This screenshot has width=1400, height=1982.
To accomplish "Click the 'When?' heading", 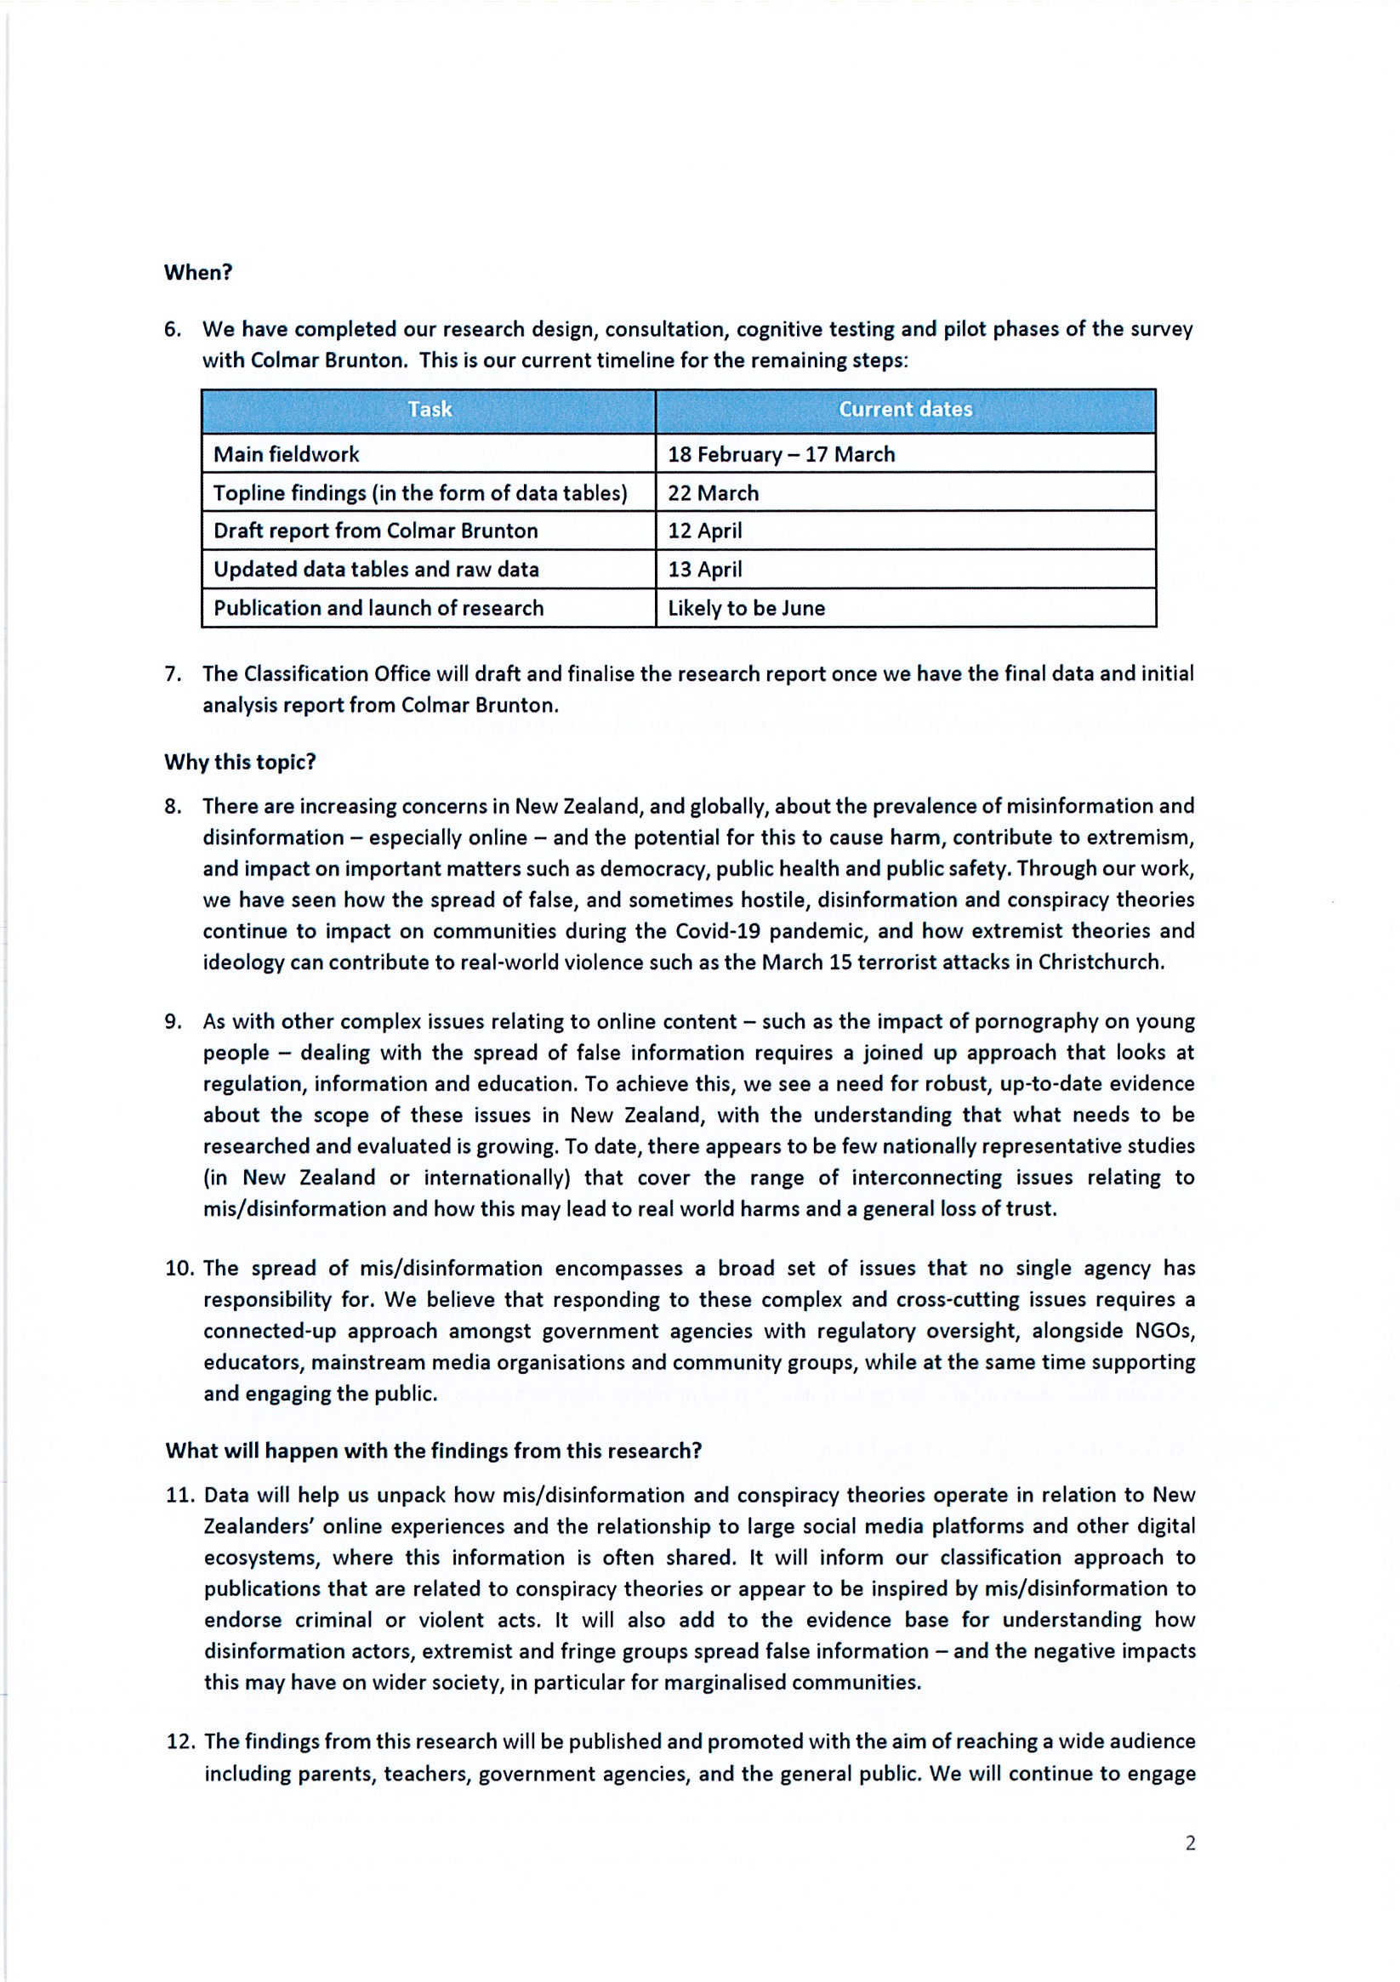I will click(198, 272).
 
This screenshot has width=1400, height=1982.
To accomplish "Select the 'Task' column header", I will click(430, 409).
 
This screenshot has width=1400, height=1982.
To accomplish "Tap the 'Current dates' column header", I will click(905, 409).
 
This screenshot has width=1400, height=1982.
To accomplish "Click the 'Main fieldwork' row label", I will click(286, 454).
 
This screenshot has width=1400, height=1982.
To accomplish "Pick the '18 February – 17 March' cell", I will click(781, 454).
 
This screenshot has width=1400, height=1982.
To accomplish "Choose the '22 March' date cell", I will click(713, 493).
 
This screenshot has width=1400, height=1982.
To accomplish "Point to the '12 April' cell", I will click(704, 530).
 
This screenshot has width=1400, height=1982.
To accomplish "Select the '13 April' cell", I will click(704, 569).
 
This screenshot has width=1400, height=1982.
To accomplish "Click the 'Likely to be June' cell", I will click(745, 608).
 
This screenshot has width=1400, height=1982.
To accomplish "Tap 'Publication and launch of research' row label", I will click(378, 608).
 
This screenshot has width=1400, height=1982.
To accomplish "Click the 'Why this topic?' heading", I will click(240, 761).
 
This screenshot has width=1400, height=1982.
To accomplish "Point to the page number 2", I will click(1190, 1843).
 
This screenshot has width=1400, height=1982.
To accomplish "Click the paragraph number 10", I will click(179, 1268).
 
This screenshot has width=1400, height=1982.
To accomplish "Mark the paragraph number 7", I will click(173, 673).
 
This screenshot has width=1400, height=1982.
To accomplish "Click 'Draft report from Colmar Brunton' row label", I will click(376, 530).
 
